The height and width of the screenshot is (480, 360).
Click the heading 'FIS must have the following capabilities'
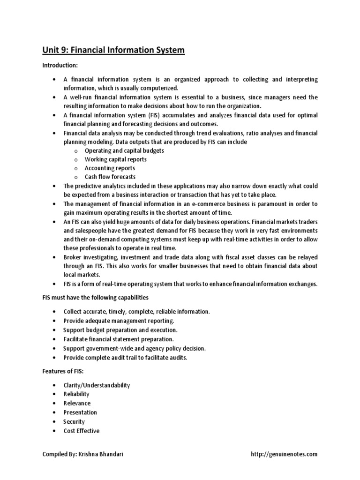(x=96, y=298)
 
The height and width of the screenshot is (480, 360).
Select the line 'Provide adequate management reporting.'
(x=119, y=321)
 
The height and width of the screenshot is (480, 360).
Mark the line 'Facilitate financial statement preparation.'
(x=119, y=339)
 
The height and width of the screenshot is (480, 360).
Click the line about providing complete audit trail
(x=125, y=358)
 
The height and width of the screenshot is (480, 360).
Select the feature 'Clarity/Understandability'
(x=97, y=385)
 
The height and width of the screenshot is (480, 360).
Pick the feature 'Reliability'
(x=76, y=394)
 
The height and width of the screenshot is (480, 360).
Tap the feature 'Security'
(x=74, y=421)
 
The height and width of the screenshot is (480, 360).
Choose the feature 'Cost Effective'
(x=82, y=431)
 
